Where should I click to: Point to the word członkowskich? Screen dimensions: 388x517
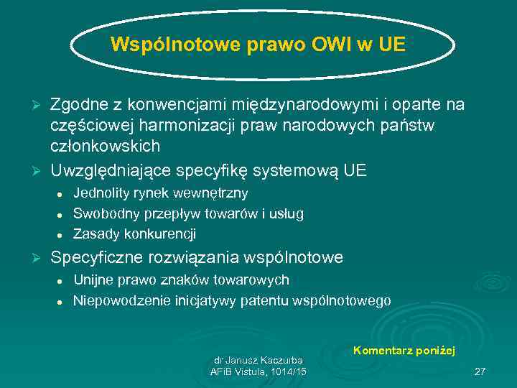pos(105,146)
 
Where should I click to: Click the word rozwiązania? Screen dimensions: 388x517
pos(194,257)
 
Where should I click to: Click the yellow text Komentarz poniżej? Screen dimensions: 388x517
pos(404,350)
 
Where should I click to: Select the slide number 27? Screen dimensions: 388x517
pos(480,371)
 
